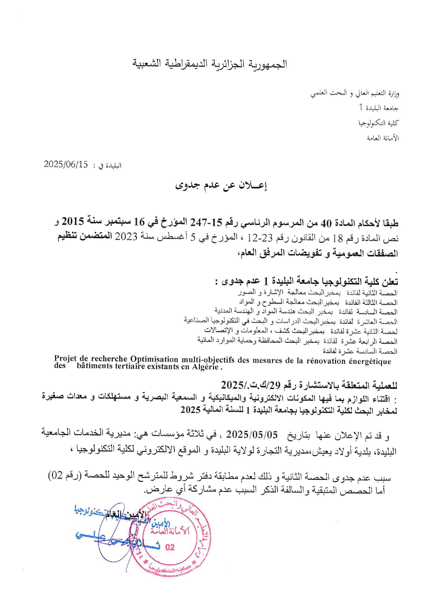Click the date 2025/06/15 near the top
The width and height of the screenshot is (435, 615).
[66, 164]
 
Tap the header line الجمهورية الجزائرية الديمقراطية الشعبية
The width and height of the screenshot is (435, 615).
[210, 64]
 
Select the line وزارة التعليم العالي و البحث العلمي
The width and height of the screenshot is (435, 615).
[355, 94]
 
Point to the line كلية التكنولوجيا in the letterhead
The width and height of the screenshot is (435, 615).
[379, 123]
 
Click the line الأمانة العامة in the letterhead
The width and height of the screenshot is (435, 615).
[383, 138]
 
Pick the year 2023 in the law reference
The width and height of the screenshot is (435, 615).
[126, 237]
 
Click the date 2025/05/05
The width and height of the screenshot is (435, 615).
[252, 435]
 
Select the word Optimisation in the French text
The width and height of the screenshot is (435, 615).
[154, 359]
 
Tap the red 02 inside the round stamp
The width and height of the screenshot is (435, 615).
[169, 547]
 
